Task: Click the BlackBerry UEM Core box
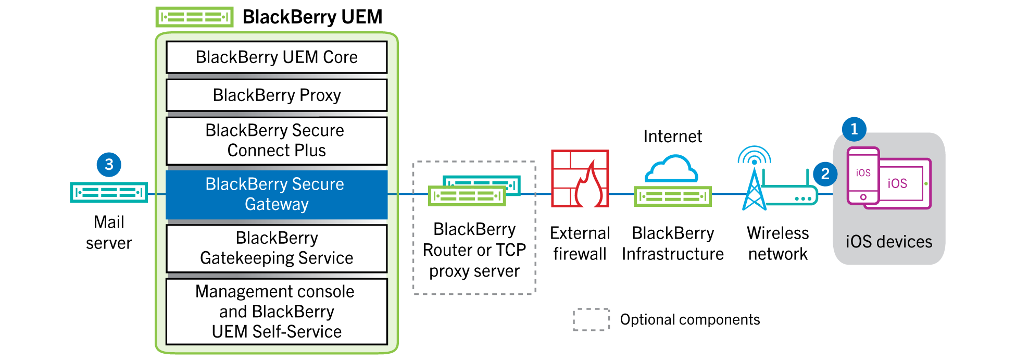click(x=277, y=57)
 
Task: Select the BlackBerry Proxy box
click(x=277, y=95)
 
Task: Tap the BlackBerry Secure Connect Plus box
click(x=277, y=141)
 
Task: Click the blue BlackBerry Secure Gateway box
click(x=277, y=194)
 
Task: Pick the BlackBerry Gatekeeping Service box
click(x=277, y=248)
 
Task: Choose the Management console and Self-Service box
click(x=277, y=312)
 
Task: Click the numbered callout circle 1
click(x=854, y=129)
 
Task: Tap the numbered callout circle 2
click(x=825, y=174)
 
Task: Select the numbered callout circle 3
click(x=109, y=165)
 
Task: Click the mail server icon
click(x=109, y=193)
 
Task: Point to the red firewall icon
click(x=580, y=179)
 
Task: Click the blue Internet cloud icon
click(x=671, y=168)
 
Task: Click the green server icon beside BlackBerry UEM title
click(x=194, y=17)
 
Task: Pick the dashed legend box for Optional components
click(x=591, y=319)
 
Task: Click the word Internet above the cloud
click(x=672, y=136)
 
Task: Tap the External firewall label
click(x=580, y=243)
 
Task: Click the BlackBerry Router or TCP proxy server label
click(x=474, y=250)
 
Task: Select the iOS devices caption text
click(x=888, y=242)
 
